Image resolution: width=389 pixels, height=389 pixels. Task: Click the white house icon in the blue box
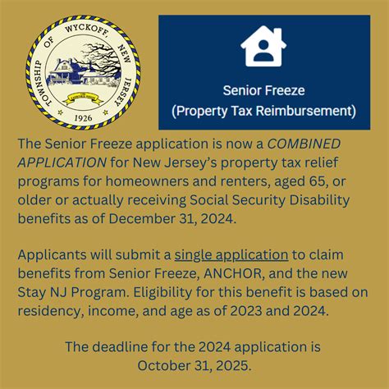pyautogui.click(x=263, y=48)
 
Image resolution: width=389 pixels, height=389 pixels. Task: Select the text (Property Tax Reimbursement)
pyautogui.click(x=263, y=109)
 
